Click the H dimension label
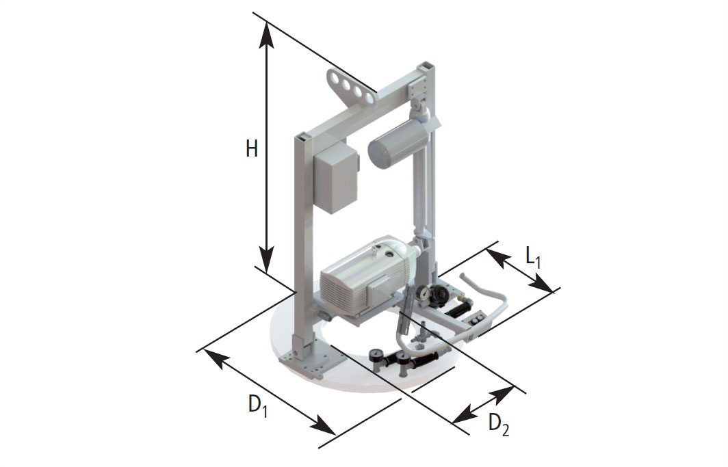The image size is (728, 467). (252, 149)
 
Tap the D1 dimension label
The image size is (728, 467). (258, 405)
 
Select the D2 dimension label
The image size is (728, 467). (499, 425)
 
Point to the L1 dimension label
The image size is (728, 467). (533, 256)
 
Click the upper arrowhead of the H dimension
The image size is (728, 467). (266, 34)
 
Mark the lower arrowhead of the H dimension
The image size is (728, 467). (266, 259)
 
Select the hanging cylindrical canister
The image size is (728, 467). (398, 143)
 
